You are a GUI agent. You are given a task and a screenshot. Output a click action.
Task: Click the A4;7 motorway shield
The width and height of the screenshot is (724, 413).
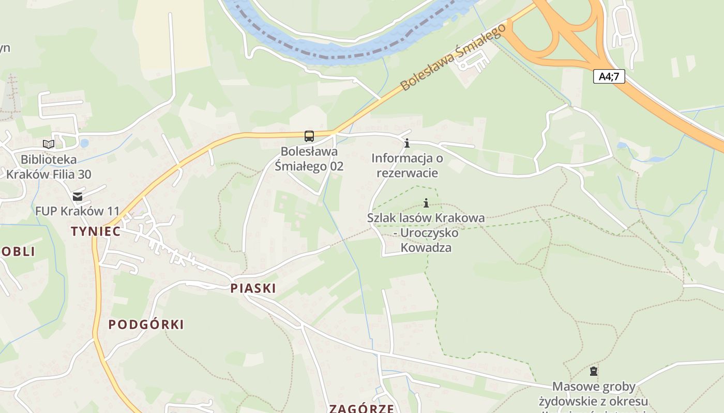tap(609, 77)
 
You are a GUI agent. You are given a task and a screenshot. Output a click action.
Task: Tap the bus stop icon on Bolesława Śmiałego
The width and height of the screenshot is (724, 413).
tap(309, 136)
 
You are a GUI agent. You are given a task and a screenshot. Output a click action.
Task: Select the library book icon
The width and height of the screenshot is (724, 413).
tap(49, 145)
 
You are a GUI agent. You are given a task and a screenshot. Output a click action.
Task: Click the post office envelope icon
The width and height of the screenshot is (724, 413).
tap(78, 197)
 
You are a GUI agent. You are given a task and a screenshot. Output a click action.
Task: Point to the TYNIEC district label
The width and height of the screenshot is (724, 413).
tap(96, 231)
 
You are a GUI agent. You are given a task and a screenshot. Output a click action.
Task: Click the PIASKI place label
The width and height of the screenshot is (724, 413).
tap(253, 288)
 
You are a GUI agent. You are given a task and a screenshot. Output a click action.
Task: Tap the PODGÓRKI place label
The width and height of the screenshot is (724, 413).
tap(146, 324)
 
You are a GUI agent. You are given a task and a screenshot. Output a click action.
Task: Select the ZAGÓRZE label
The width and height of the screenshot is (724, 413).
tap(361, 409)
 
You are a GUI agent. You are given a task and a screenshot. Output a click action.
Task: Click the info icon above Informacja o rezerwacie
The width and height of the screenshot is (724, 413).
tap(407, 143)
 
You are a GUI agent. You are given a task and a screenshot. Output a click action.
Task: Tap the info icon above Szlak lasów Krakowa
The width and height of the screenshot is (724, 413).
tap(426, 203)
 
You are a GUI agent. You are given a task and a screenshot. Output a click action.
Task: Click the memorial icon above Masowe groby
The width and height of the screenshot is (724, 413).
tap(594, 371)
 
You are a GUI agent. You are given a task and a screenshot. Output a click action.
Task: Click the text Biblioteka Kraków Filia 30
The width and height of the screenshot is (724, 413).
tap(49, 167)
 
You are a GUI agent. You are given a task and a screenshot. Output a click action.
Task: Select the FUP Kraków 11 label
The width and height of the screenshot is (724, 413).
tap(78, 211)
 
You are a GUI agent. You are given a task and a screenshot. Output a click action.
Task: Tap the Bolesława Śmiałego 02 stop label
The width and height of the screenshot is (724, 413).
tap(309, 159)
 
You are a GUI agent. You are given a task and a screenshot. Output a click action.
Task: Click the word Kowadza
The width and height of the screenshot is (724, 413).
tap(426, 248)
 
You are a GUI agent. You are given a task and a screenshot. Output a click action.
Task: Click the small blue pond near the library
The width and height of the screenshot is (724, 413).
tap(84, 143)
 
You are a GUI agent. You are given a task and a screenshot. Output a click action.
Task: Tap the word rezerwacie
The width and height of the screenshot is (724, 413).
tap(407, 173)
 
